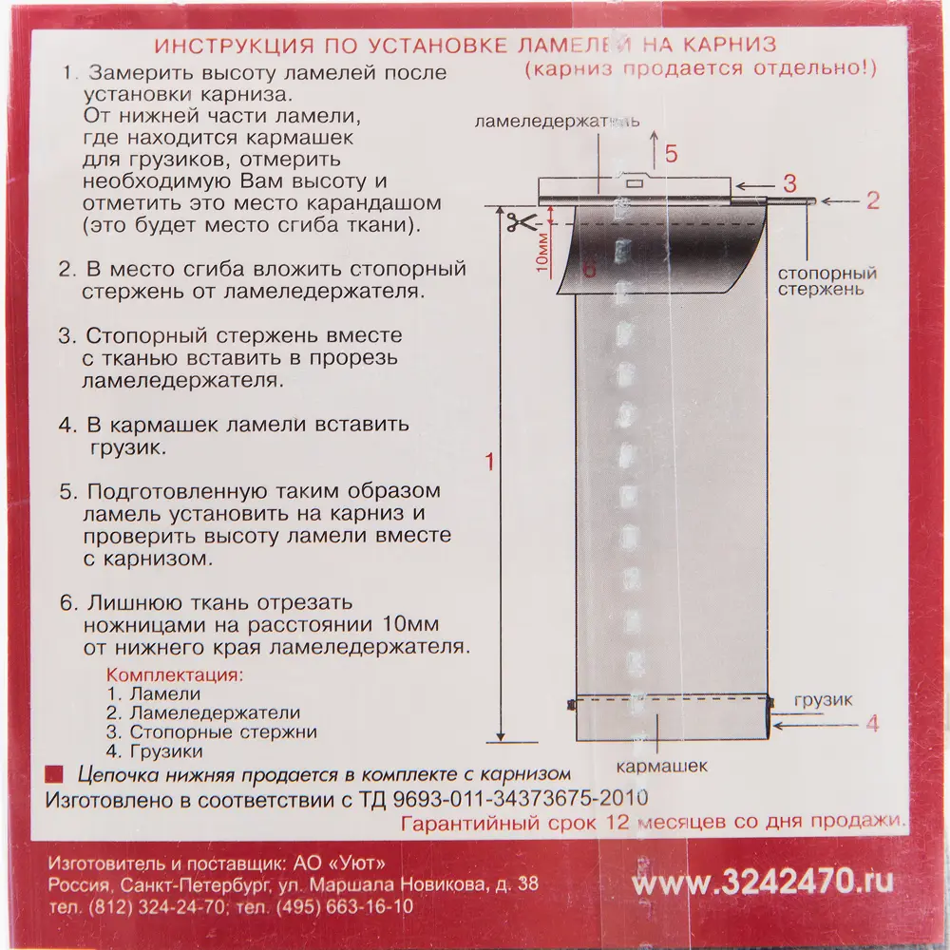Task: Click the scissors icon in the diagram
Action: tap(519, 225)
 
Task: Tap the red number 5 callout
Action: tap(671, 154)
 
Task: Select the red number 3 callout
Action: tap(788, 182)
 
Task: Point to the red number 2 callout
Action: tap(873, 200)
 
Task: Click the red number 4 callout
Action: tap(873, 725)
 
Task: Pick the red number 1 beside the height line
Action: tap(489, 463)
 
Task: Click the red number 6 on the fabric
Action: tap(590, 271)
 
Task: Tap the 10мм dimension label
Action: tap(541, 251)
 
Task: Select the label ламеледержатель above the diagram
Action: tap(557, 123)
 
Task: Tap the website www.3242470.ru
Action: tap(763, 882)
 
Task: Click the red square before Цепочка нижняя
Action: tap(56, 773)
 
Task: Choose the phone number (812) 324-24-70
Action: tap(157, 906)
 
